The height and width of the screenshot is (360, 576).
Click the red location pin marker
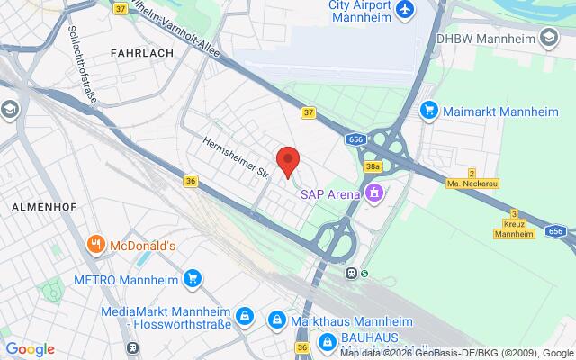tap(287, 159)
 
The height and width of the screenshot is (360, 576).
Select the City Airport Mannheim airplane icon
tap(405, 9)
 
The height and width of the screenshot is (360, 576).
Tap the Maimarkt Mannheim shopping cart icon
tap(428, 111)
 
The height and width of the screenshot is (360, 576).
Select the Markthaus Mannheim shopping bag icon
tap(277, 319)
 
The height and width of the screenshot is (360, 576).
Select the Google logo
tap(30, 349)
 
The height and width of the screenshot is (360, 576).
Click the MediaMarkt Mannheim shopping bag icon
tap(245, 316)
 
